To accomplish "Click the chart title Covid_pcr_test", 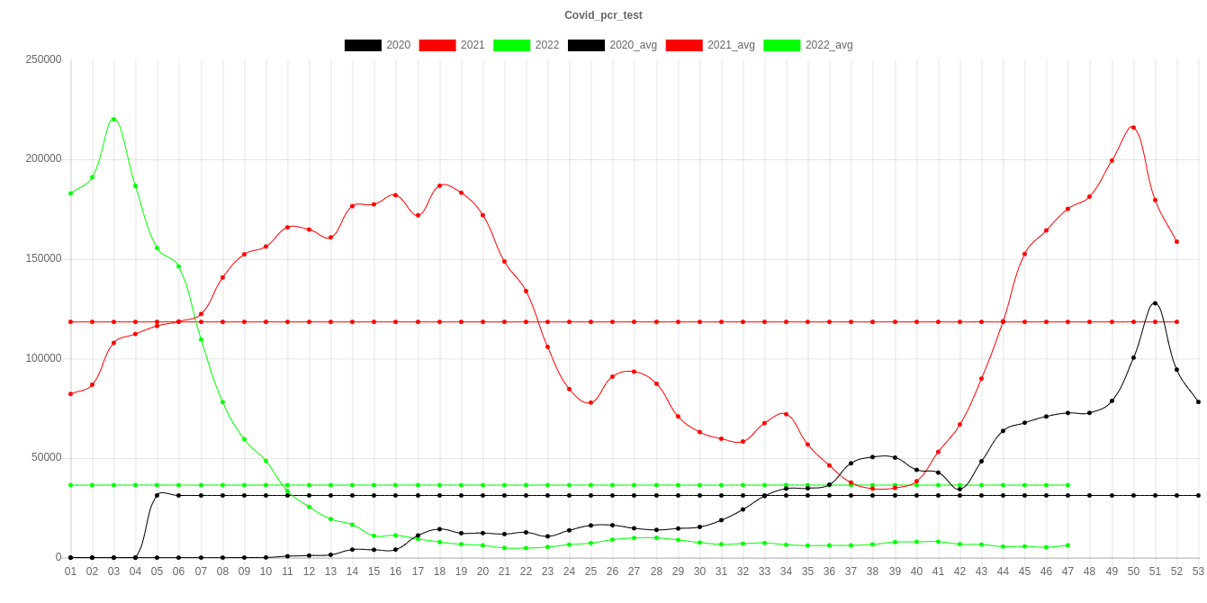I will click(x=603, y=15).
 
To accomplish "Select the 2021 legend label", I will click(x=472, y=45).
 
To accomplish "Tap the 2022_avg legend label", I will click(x=828, y=45).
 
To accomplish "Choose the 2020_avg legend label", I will click(x=633, y=45).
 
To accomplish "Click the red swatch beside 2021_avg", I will click(x=684, y=45).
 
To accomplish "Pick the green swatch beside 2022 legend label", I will click(x=511, y=45).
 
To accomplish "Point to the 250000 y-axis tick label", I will click(x=43, y=59).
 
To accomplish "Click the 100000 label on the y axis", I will click(x=43, y=358).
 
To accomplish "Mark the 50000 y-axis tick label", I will click(x=46, y=457).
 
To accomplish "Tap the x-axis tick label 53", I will click(x=1198, y=571).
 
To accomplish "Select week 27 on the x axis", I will click(x=634, y=571).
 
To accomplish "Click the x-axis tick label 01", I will click(x=70, y=571).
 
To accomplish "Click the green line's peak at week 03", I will click(x=113, y=119).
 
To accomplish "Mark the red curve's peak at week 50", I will click(x=1133, y=128).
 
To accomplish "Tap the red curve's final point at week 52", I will click(x=1176, y=241).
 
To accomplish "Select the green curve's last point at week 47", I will click(x=1067, y=544).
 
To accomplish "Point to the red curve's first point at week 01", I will click(x=70, y=393).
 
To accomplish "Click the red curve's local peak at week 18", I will click(x=439, y=185).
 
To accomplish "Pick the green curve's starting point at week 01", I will click(x=70, y=193).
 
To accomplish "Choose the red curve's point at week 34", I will click(x=786, y=414).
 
